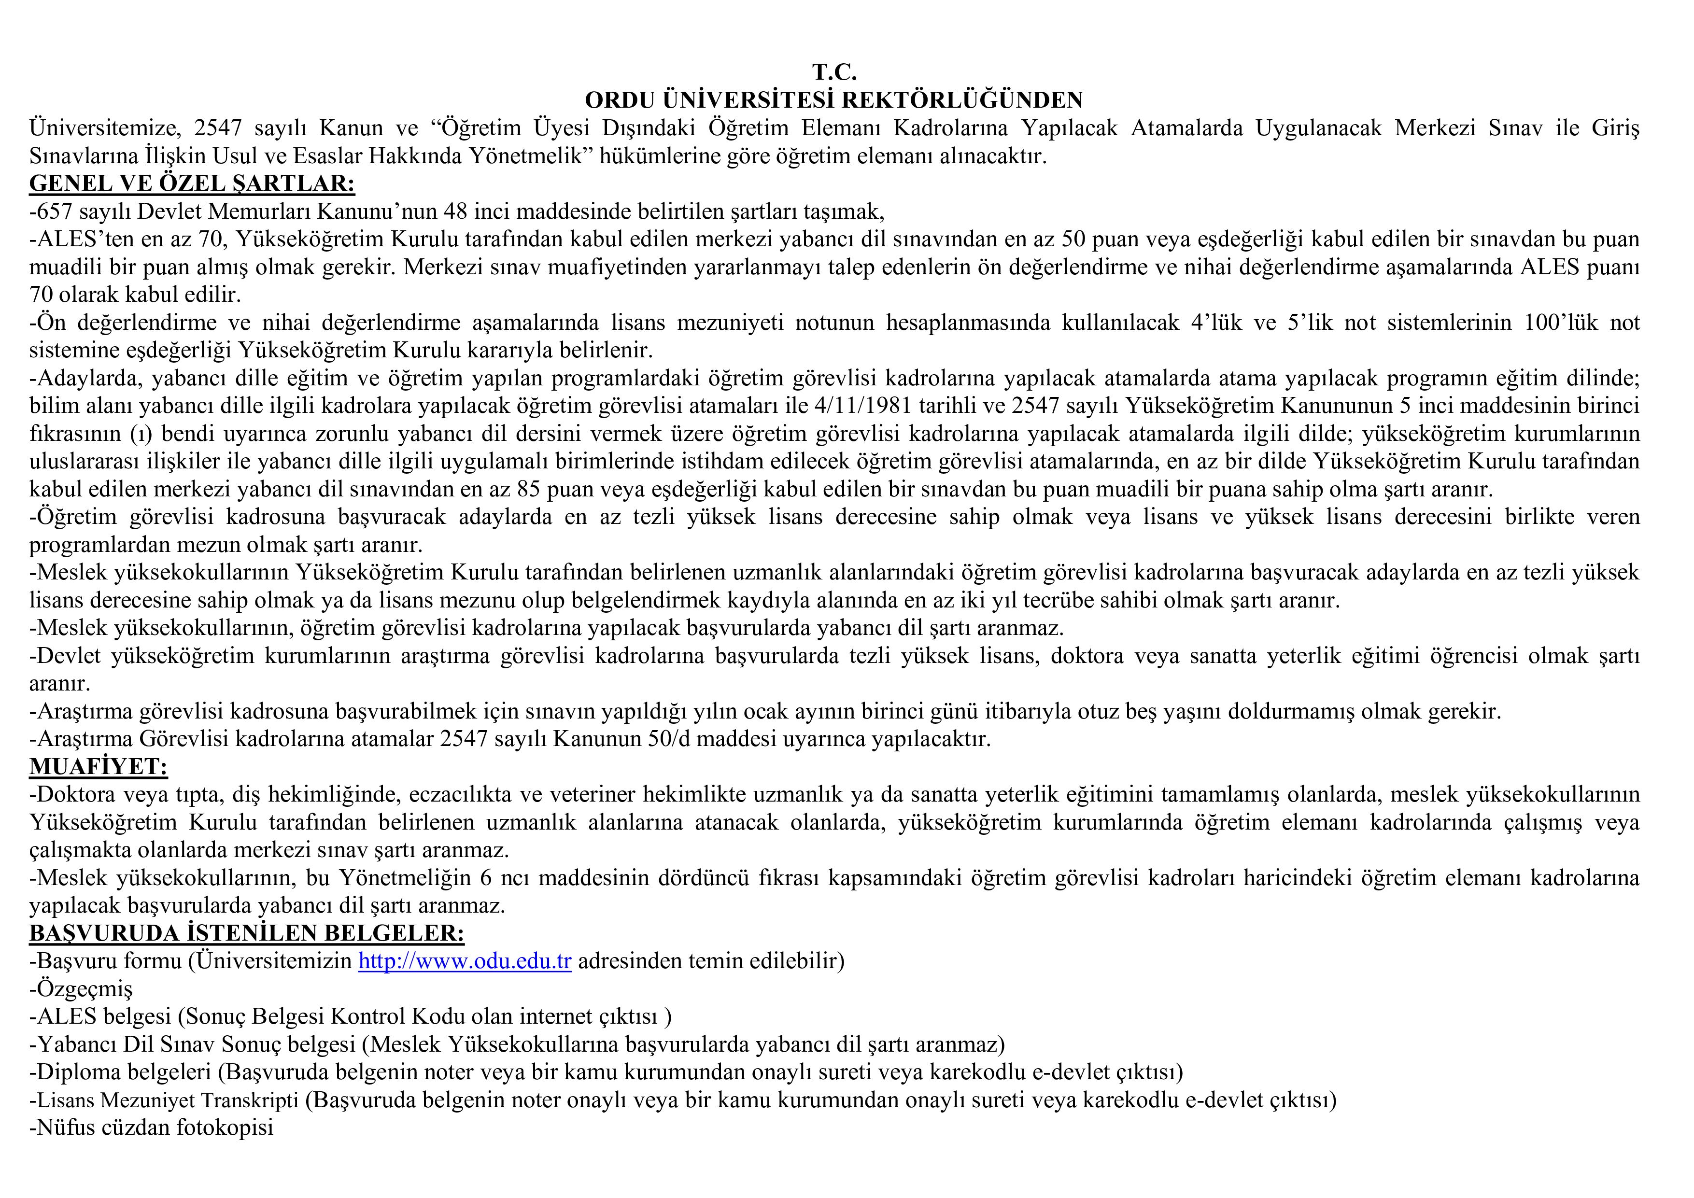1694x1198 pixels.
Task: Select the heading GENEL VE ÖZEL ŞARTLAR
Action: pos(192,183)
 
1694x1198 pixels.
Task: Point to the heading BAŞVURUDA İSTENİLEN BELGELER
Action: pos(246,933)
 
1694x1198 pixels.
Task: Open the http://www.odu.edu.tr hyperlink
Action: pos(465,961)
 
